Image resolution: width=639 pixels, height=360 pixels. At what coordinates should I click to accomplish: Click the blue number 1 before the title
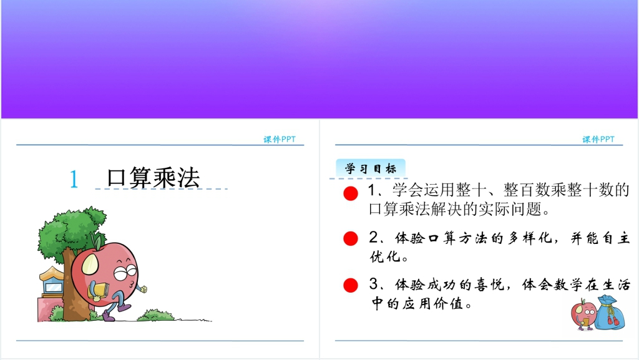tap(74, 179)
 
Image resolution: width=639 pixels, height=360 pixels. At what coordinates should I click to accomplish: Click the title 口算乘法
tap(154, 178)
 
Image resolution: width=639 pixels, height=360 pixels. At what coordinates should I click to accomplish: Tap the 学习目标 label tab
tap(371, 168)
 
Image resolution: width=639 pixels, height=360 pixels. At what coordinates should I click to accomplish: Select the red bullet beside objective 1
tap(351, 193)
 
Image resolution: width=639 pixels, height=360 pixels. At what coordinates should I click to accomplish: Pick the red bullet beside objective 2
tap(351, 238)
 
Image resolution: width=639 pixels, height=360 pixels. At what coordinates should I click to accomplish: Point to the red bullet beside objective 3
tap(351, 286)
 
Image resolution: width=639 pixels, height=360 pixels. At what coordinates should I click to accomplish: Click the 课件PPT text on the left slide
tap(280, 139)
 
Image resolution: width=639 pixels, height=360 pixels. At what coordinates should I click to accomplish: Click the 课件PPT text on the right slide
tap(598, 139)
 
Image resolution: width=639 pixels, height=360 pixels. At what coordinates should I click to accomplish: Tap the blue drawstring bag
tap(609, 313)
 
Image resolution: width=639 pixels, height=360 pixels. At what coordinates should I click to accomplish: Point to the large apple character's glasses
tap(125, 272)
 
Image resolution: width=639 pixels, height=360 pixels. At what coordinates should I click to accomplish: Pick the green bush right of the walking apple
tap(155, 315)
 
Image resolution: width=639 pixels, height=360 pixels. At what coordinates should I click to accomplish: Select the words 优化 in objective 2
tap(385, 256)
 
